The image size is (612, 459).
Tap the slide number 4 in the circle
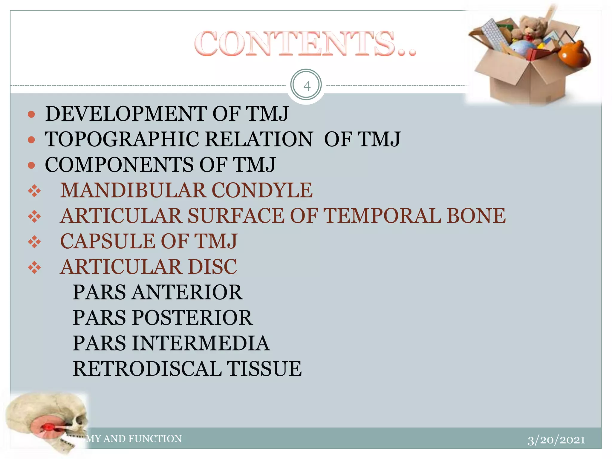(x=307, y=86)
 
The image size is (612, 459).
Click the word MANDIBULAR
(x=133, y=190)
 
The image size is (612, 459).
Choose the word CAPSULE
(x=108, y=241)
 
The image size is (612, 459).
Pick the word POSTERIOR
(x=192, y=317)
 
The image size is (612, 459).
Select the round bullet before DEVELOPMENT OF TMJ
(x=31, y=114)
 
